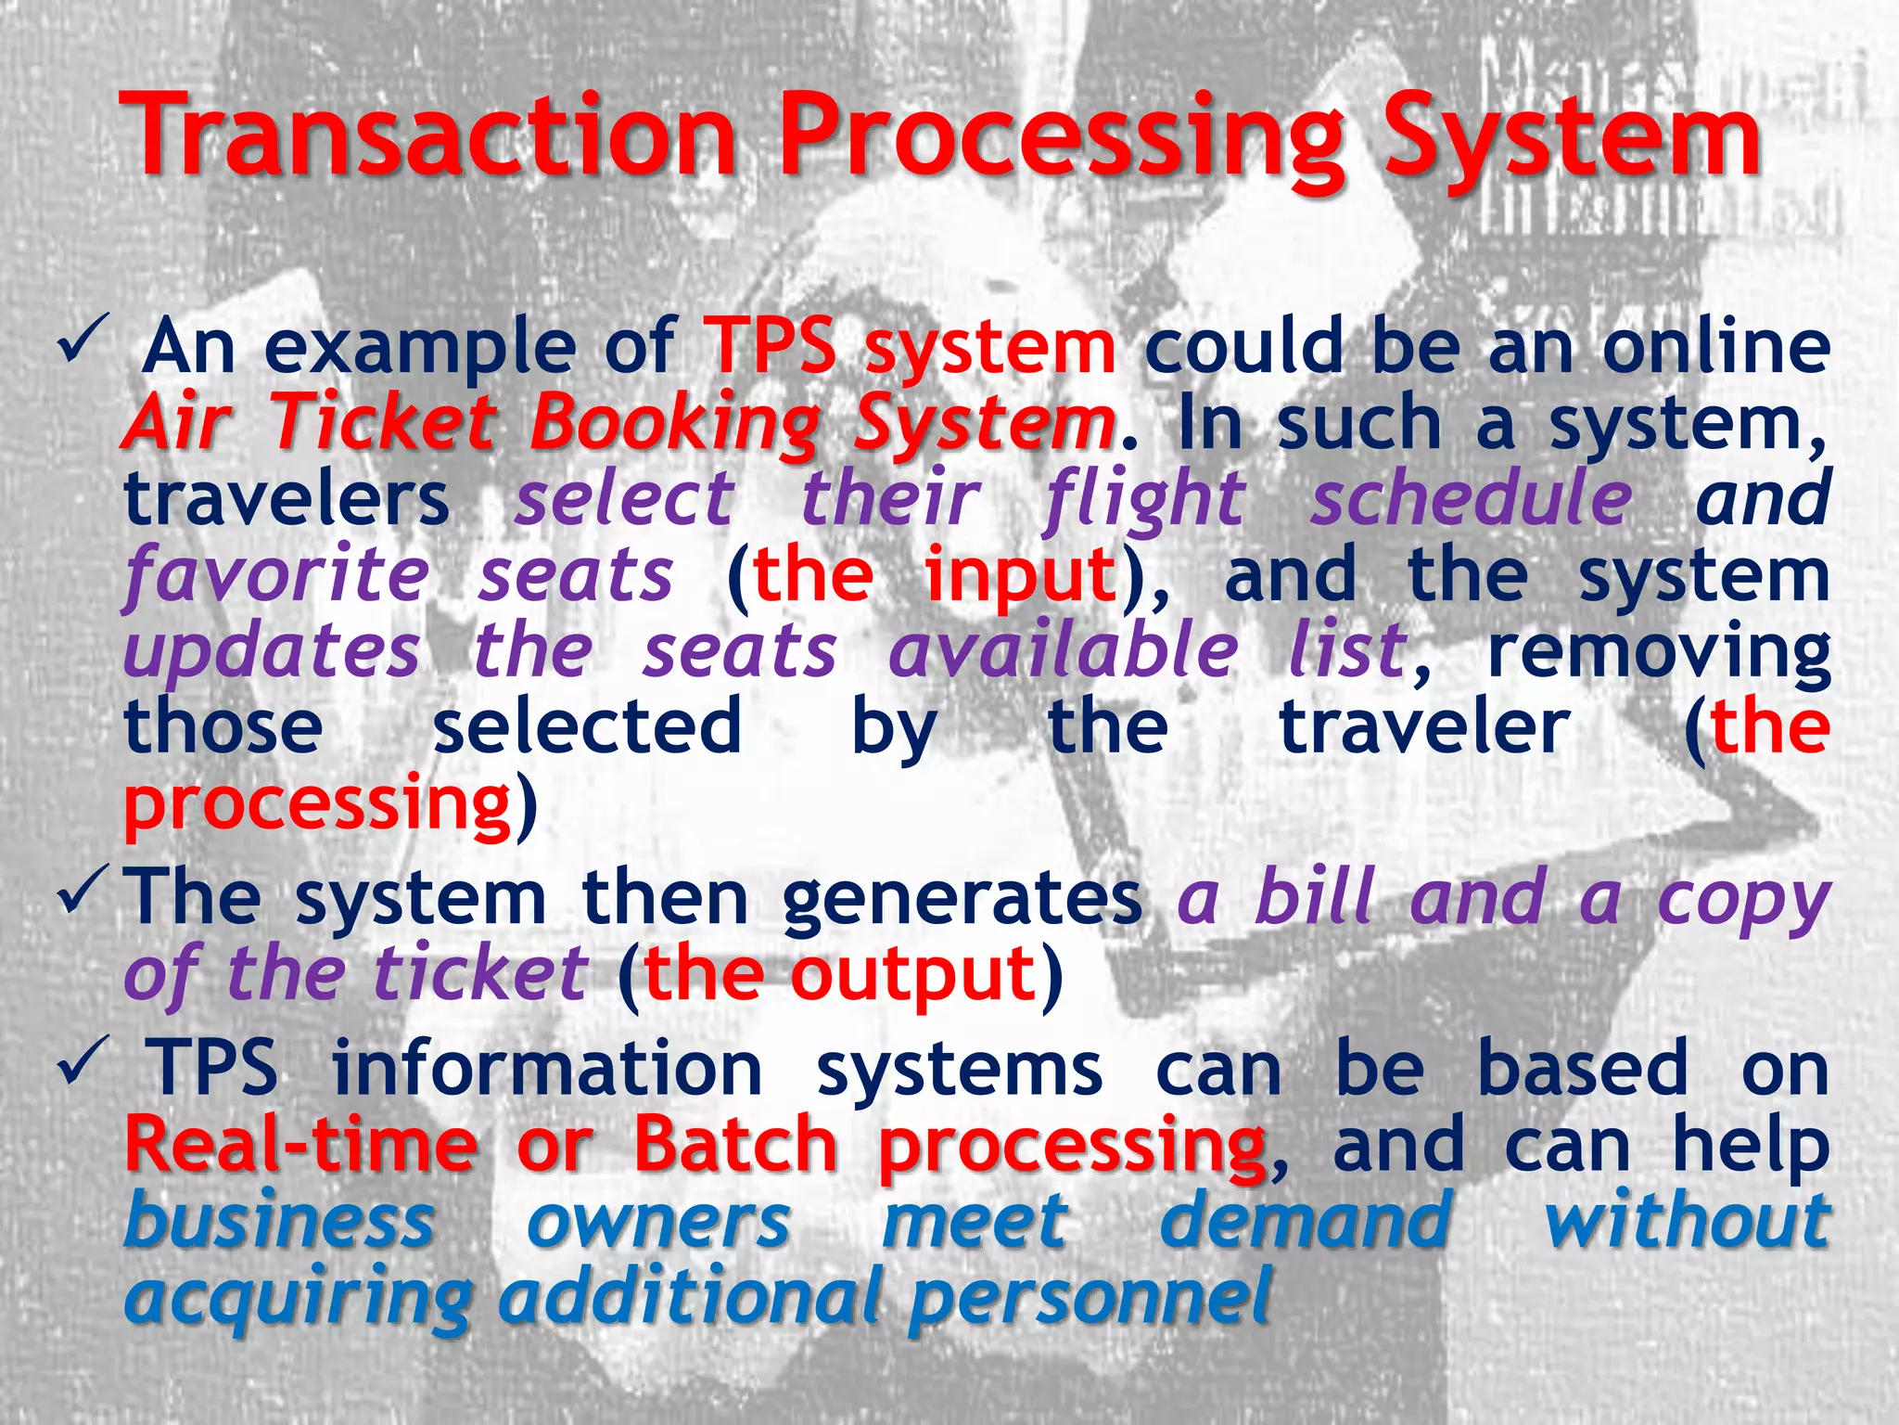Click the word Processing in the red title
[x=1062, y=139]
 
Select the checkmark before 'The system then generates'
[x=84, y=896]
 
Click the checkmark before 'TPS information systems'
[x=84, y=1065]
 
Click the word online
[x=1715, y=346]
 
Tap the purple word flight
[x=1145, y=500]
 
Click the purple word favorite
[x=276, y=576]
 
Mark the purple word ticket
[x=479, y=973]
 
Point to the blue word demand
[x=1306, y=1220]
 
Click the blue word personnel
[x=1090, y=1298]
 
